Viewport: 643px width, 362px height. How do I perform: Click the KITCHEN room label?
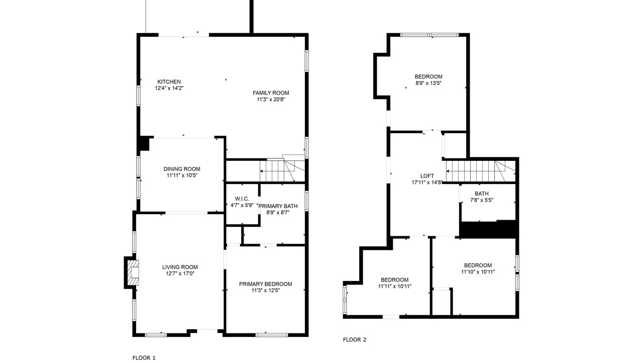169,82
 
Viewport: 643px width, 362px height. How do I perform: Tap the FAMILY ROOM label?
271,93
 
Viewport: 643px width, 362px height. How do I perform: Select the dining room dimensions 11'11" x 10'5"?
182,175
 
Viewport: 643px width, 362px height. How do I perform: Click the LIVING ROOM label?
180,267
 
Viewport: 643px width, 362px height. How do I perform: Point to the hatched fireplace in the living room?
133,273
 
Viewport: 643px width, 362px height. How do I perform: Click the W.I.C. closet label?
242,199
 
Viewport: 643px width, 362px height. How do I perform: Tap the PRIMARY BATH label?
278,206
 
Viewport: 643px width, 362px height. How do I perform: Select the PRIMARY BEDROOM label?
266,284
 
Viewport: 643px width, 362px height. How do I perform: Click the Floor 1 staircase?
282,170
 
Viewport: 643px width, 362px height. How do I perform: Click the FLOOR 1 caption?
144,357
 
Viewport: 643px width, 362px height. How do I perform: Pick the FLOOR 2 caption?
355,339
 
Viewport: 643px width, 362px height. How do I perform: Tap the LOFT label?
427,176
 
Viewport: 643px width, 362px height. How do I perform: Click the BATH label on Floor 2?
482,194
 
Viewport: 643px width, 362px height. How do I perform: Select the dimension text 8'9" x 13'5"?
428,83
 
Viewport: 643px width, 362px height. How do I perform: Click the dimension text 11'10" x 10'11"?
478,272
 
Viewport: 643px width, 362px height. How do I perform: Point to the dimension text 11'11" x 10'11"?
395,286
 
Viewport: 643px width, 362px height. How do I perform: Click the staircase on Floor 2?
481,171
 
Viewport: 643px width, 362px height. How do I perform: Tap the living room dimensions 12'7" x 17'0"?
180,274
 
